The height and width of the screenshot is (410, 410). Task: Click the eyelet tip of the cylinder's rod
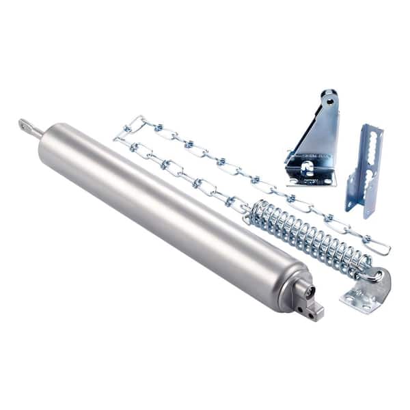tap(23, 124)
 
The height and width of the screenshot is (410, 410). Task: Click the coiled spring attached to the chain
tap(307, 236)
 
